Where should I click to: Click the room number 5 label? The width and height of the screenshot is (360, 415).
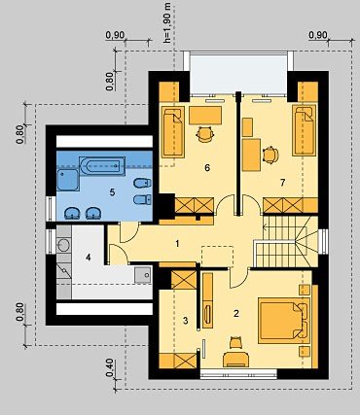(112, 192)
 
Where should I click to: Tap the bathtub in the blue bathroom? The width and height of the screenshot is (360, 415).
(102, 166)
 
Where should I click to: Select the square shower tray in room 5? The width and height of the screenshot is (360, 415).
(68, 180)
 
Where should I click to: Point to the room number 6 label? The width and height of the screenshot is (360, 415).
(207, 167)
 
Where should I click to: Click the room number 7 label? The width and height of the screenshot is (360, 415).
(282, 183)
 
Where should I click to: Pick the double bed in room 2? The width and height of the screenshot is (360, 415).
(284, 321)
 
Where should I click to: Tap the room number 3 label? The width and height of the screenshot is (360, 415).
(185, 321)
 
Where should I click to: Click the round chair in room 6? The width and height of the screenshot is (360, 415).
(205, 134)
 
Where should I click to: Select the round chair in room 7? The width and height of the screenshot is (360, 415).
(270, 155)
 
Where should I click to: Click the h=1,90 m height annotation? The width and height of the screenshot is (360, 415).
(167, 23)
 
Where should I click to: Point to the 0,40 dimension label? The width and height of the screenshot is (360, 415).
(110, 368)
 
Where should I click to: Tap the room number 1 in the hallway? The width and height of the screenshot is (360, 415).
(177, 243)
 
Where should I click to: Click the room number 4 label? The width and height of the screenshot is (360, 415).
(89, 258)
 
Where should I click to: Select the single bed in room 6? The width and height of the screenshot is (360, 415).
(173, 132)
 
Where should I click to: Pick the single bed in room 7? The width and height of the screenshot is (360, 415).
(305, 130)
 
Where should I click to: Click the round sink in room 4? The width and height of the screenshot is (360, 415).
(63, 245)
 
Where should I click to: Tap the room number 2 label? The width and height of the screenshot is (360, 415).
(236, 313)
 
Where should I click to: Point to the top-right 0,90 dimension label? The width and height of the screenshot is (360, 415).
(318, 35)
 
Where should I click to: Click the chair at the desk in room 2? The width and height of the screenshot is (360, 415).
(235, 343)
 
